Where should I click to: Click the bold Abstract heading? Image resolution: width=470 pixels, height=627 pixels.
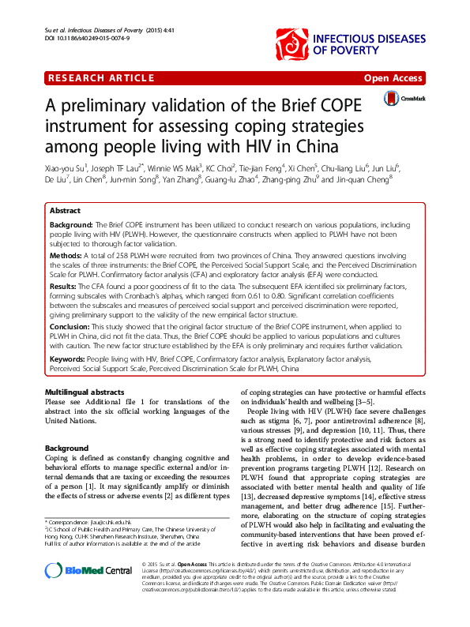pos(65,212)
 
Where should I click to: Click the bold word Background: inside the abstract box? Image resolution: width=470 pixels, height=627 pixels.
pos(71,225)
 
